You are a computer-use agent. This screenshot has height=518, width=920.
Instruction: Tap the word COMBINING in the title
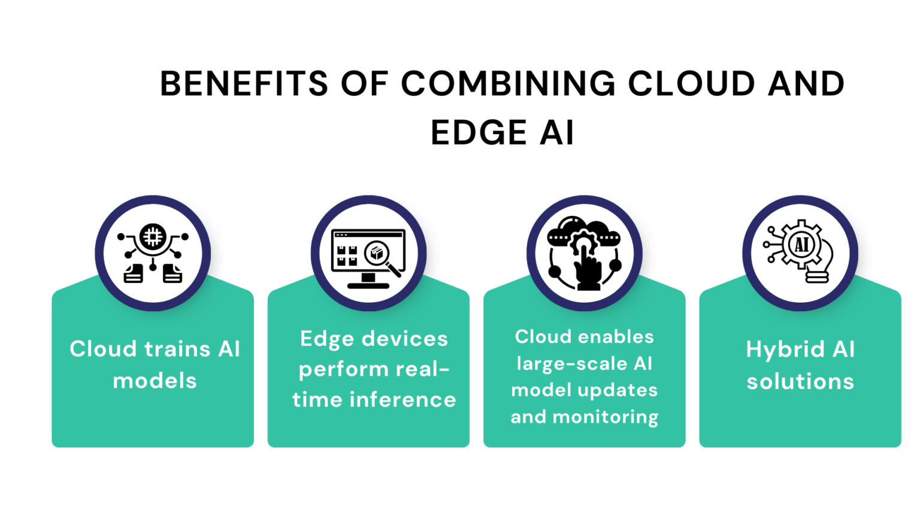[x=508, y=83]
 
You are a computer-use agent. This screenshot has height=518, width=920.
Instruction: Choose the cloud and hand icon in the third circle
[x=585, y=253]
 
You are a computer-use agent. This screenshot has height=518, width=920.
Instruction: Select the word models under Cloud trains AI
[x=155, y=381]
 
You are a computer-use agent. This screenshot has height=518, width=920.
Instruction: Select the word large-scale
[x=572, y=363]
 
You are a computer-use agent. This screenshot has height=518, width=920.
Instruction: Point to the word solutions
[x=800, y=381]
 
